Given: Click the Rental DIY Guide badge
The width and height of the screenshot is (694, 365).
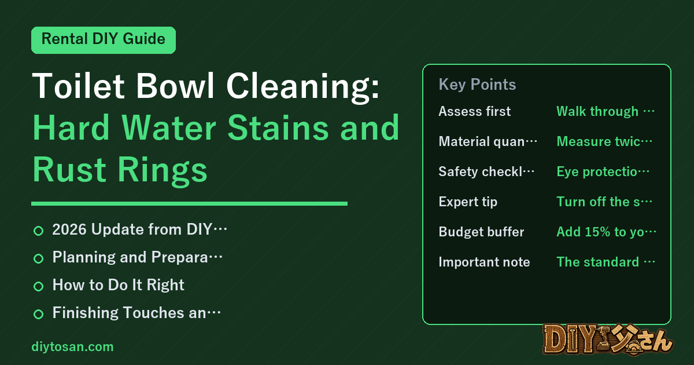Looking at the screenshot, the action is [104, 40].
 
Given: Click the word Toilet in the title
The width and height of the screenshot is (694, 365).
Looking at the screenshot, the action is [78, 86].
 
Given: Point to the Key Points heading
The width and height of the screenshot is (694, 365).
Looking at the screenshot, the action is [477, 85].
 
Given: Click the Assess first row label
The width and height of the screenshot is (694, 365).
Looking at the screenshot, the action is [474, 111].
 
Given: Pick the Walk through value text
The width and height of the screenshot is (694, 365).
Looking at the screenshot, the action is [606, 111].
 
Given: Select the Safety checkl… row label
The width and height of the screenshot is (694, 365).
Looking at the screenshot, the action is [486, 171].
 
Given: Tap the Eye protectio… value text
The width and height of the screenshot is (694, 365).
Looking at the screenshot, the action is [603, 171].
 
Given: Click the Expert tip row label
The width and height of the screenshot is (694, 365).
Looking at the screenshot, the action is [468, 202].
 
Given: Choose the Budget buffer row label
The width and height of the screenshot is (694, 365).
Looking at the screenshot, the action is [481, 232].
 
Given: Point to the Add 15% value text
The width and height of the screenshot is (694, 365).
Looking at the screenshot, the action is [606, 232].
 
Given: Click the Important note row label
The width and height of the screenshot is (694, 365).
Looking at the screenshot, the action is [484, 262].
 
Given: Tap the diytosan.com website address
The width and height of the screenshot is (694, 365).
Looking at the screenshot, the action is [72, 346].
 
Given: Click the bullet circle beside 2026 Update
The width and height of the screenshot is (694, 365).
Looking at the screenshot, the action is [38, 231].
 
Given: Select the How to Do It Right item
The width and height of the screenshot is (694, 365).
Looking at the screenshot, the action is [118, 285].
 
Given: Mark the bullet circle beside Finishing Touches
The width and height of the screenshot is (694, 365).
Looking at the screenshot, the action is [38, 314].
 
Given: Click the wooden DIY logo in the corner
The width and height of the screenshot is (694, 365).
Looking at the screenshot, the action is [608, 340].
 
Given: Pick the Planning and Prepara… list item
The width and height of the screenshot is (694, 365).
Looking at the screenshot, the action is [137, 257].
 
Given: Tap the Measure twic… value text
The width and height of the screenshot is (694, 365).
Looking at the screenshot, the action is [604, 141].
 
